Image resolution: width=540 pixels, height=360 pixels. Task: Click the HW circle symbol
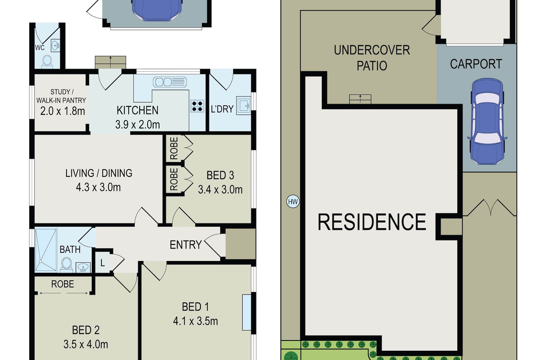coord(293,202)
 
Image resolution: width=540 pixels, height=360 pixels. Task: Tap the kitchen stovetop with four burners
coord(197,106)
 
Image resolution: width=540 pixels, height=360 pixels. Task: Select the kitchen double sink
coord(170,82)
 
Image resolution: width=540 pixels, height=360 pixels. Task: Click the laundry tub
coord(243,106)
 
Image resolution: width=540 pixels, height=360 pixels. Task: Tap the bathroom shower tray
coord(46,250)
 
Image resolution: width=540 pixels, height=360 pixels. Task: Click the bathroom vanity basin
coord(83,267)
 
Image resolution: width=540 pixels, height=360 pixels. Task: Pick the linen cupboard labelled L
coord(102,263)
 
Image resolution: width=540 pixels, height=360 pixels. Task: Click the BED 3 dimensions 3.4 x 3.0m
coord(220,190)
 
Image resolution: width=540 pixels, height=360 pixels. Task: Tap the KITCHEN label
coord(138,110)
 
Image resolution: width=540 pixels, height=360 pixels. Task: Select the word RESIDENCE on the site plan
coord(372,222)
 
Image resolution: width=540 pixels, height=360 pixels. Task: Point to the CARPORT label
coord(476,64)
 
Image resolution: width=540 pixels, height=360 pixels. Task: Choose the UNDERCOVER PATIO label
coord(372,58)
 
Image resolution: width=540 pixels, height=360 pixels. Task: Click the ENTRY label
coord(186,245)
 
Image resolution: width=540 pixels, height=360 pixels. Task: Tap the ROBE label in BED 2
coord(62,284)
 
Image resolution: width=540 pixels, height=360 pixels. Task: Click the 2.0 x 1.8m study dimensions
coord(62,111)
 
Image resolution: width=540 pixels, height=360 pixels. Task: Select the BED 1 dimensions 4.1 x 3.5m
coord(195,321)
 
